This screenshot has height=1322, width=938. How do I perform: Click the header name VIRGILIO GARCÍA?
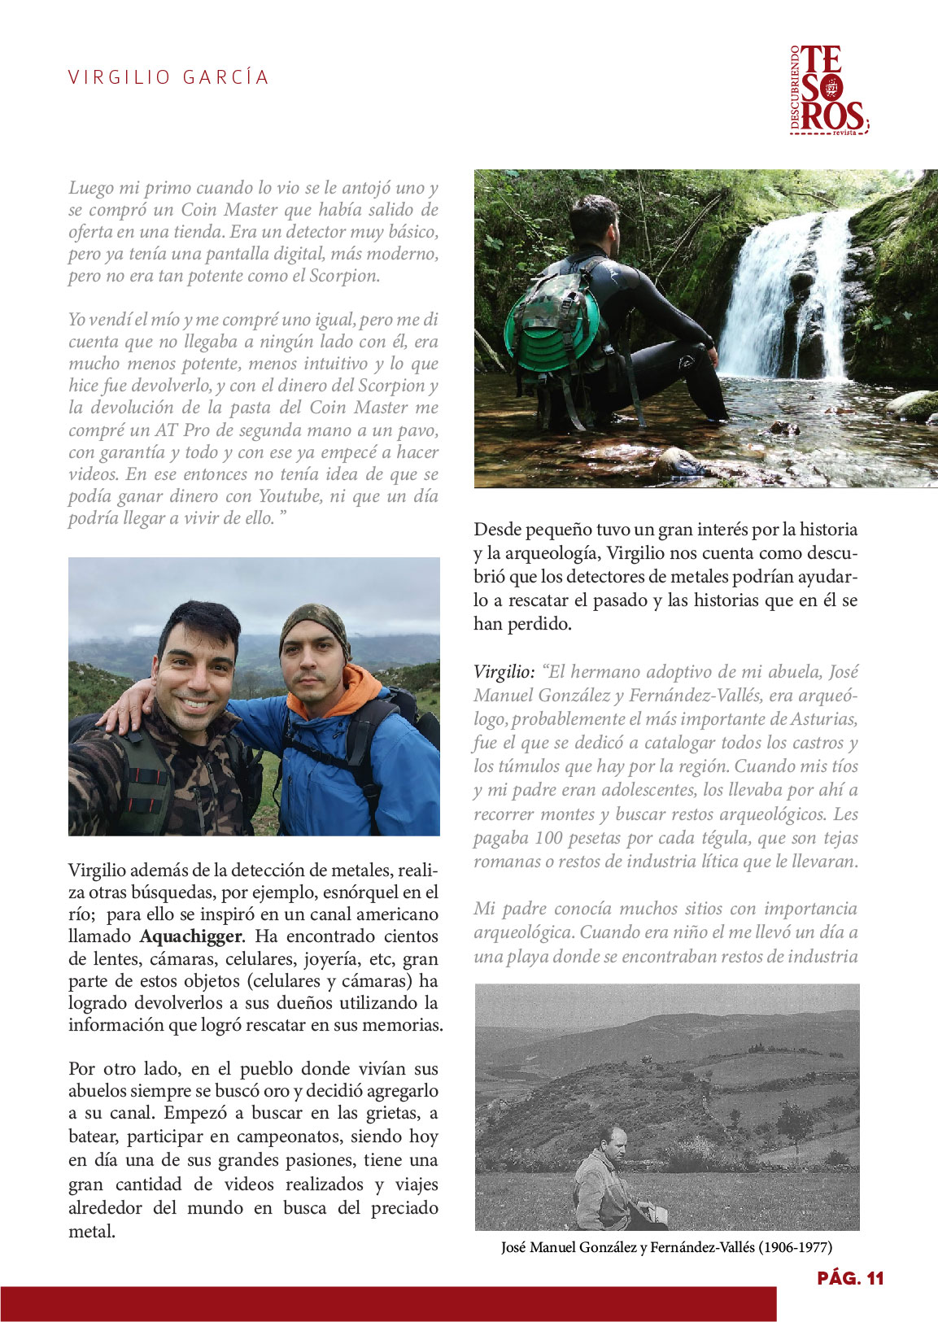(168, 77)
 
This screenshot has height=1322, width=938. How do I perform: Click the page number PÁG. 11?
(850, 1278)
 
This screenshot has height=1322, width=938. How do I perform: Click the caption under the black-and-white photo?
(666, 1247)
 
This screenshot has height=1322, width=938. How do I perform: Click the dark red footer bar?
(388, 1303)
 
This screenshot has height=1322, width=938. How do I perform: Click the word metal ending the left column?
(90, 1232)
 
